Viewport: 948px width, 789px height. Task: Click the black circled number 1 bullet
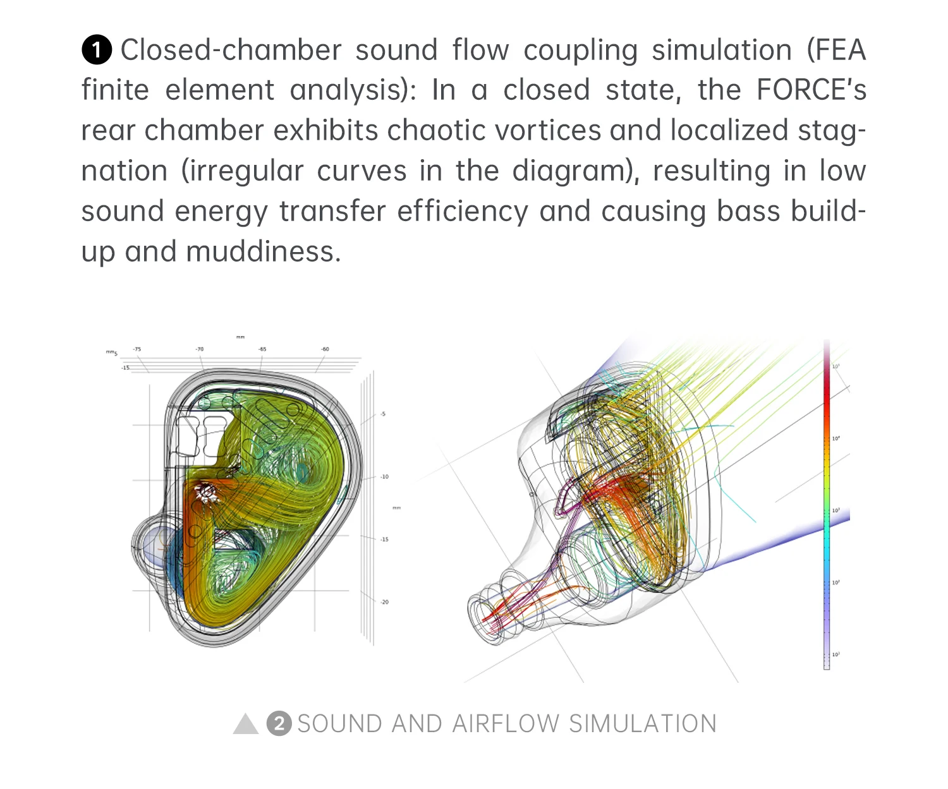tap(97, 51)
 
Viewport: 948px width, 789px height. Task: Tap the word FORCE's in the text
tap(811, 90)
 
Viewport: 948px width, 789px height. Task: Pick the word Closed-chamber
tap(231, 51)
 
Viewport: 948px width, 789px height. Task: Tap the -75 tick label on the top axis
tap(137, 349)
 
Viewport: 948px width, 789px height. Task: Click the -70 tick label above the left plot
tap(200, 349)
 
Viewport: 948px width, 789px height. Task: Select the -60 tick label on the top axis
tap(325, 349)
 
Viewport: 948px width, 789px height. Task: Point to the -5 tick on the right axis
tap(383, 414)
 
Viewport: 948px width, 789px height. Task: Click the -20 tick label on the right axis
tap(384, 602)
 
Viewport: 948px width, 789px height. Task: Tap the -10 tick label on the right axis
tap(384, 477)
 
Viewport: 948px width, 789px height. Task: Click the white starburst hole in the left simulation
tap(206, 492)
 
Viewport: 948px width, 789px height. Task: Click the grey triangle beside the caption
tap(246, 724)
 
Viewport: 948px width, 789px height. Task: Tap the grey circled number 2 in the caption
tap(279, 724)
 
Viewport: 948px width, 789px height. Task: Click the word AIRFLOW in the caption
tap(506, 724)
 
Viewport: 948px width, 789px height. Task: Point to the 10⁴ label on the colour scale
tap(836, 438)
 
